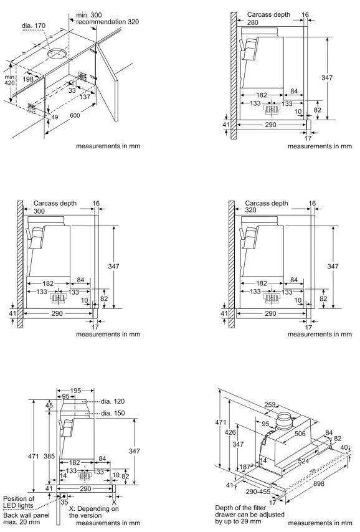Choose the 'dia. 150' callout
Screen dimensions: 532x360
[110, 414]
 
